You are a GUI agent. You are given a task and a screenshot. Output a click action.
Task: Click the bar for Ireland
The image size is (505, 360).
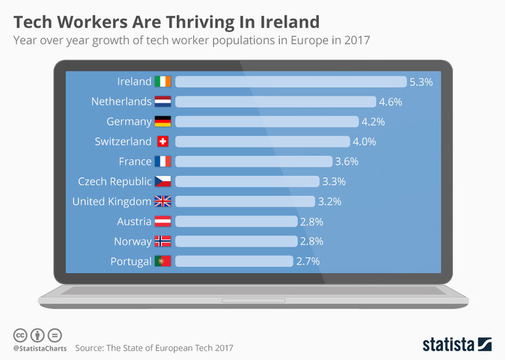(x=291, y=82)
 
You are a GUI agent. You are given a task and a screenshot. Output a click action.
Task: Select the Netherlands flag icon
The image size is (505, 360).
(x=162, y=102)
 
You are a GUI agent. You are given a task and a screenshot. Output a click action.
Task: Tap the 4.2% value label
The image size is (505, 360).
(x=373, y=122)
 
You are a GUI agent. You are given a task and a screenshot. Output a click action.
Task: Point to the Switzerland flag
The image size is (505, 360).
(x=162, y=141)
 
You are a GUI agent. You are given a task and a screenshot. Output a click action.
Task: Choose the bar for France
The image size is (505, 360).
(x=254, y=161)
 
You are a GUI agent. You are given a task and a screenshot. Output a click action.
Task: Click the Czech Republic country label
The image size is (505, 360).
(x=114, y=182)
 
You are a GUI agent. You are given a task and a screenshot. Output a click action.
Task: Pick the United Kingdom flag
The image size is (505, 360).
(x=162, y=201)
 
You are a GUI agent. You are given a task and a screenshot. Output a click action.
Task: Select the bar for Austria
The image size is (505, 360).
(x=236, y=221)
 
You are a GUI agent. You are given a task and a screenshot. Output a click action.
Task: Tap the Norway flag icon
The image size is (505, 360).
(x=162, y=242)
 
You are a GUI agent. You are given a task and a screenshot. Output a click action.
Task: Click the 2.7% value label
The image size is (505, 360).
(x=308, y=261)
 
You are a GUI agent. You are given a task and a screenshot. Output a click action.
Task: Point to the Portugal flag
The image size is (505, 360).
(x=162, y=261)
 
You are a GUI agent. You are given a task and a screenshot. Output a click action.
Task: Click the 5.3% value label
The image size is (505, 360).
(x=421, y=82)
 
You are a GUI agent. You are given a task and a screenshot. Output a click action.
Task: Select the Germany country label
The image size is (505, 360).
(x=129, y=122)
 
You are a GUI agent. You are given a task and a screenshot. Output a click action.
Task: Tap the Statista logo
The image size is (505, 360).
(x=456, y=344)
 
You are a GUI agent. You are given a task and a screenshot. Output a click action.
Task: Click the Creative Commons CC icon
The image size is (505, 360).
(x=20, y=334)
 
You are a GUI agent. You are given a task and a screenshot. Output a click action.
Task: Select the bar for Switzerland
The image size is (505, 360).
(x=262, y=141)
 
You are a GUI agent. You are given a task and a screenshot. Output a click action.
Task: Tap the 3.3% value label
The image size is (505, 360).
(x=333, y=182)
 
